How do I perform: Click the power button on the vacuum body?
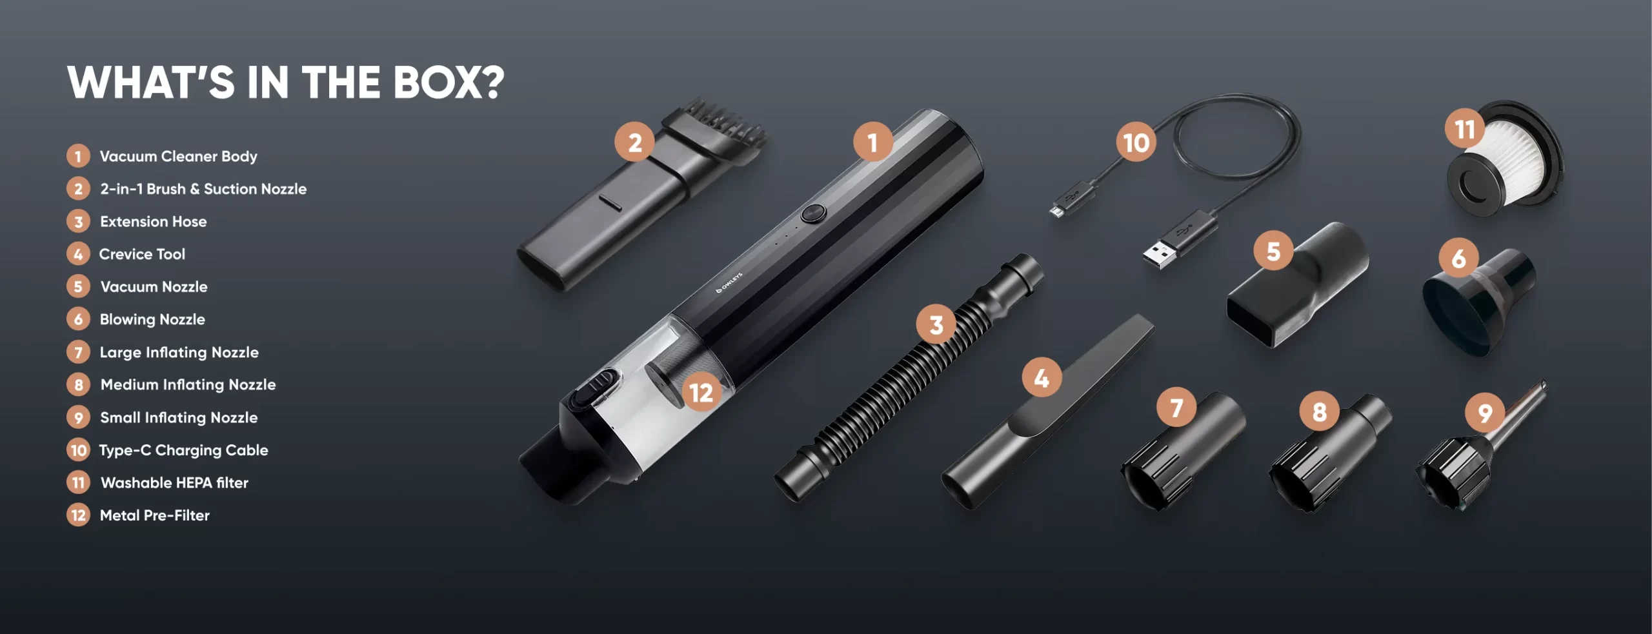point(814,213)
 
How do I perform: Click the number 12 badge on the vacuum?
point(701,392)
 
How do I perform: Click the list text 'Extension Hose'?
point(154,221)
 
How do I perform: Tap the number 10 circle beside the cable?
point(1136,142)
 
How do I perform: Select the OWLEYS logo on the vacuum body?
point(730,282)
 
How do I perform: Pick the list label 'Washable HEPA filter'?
point(174,482)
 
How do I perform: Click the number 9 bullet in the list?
point(78,417)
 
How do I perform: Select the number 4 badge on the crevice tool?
point(1042,378)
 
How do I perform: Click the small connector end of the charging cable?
point(1056,210)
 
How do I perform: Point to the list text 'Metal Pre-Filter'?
point(155,515)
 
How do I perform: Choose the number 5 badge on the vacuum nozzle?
point(1273,251)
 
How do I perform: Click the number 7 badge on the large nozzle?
point(1176,408)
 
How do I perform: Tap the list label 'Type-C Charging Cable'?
point(183,450)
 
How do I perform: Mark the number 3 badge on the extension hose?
point(936,324)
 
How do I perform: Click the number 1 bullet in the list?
point(78,156)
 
